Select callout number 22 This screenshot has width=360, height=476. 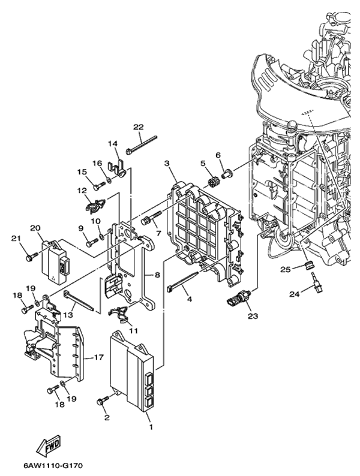[138, 127]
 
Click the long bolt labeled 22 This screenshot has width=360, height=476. [141, 144]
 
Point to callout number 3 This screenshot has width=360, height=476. [167, 164]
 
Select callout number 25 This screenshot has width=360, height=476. [286, 269]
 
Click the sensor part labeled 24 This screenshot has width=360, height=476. [316, 282]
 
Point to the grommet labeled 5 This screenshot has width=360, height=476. [213, 183]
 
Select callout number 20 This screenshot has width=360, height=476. [35, 228]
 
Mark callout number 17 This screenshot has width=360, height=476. [99, 357]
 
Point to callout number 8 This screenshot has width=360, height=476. [157, 275]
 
